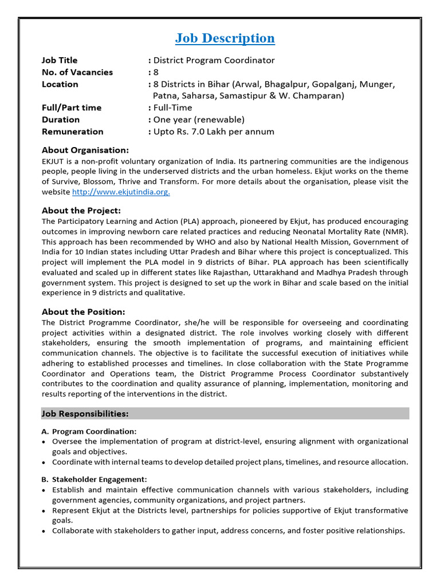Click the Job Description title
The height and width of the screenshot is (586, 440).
(225, 38)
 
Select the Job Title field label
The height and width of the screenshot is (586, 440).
(60, 60)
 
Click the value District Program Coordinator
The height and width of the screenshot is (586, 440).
(214, 60)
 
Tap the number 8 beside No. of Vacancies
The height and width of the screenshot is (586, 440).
(155, 72)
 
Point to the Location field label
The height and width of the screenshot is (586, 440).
(60, 84)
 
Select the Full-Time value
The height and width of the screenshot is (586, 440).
(172, 108)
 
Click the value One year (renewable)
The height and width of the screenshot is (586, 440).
(198, 120)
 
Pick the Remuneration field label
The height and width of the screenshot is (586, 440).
(72, 132)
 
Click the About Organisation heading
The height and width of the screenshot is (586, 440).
(85, 150)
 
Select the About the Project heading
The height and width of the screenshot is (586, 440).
(81, 211)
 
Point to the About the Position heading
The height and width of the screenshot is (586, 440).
(83, 312)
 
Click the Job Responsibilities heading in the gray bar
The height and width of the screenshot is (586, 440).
(85, 413)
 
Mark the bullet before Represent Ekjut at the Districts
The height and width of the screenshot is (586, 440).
(45, 510)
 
